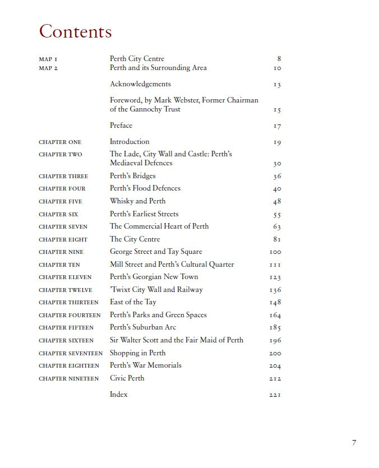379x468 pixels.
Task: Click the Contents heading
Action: pyautogui.click(x=75, y=31)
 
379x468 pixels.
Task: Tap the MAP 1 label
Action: pyautogui.click(x=48, y=59)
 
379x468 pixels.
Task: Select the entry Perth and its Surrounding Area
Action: pyautogui.click(x=158, y=68)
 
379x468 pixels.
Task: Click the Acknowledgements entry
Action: pyautogui.click(x=140, y=84)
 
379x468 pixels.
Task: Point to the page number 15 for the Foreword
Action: pyautogui.click(x=277, y=110)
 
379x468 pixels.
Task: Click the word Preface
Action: pyautogui.click(x=121, y=126)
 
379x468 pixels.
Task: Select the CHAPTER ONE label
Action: pyautogui.click(x=60, y=142)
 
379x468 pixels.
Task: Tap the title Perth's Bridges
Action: pyautogui.click(x=133, y=176)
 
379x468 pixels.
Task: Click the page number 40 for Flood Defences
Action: pyautogui.click(x=277, y=189)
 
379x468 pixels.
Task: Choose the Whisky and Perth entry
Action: pyautogui.click(x=137, y=201)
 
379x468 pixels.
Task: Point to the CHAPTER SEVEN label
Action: pyautogui.click(x=63, y=227)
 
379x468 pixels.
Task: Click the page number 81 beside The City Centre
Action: pyautogui.click(x=277, y=240)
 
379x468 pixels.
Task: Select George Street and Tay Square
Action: pyautogui.click(x=156, y=252)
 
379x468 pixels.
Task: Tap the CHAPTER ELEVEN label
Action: pyautogui.click(x=65, y=277)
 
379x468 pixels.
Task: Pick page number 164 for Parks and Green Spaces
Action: pyautogui.click(x=275, y=316)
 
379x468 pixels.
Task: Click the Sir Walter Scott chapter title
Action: pyautogui.click(x=177, y=340)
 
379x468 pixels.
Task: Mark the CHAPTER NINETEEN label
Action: pyautogui.click(x=68, y=379)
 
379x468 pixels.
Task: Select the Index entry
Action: pyautogui.click(x=119, y=395)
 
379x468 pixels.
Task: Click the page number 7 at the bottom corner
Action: pyautogui.click(x=354, y=443)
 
